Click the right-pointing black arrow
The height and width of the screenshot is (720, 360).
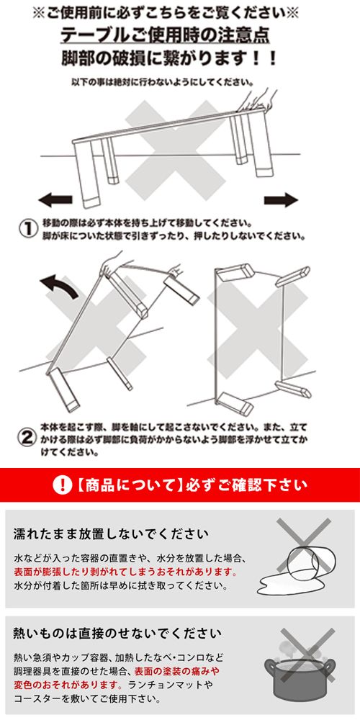pyautogui.click(x=280, y=199)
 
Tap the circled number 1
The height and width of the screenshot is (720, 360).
pyautogui.click(x=27, y=228)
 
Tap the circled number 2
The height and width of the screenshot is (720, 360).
pyautogui.click(x=27, y=436)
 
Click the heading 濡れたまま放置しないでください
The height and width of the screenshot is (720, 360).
pyautogui.click(x=112, y=534)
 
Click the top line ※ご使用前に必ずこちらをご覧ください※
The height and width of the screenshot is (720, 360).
pyautogui.click(x=179, y=13)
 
